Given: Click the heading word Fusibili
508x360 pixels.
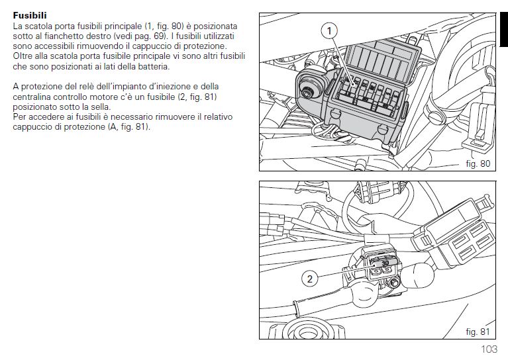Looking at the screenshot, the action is pyautogui.click(x=30, y=15).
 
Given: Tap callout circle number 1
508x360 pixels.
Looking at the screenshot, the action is pyautogui.click(x=329, y=31).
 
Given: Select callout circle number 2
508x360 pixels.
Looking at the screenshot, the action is pyautogui.click(x=310, y=279).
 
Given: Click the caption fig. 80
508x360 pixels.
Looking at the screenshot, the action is pyautogui.click(x=478, y=163).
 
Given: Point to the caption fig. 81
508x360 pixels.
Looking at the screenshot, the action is pyautogui.click(x=478, y=332).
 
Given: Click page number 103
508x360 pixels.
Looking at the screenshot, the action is pyautogui.click(x=489, y=349).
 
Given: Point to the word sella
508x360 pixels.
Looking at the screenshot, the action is pyautogui.click(x=99, y=107).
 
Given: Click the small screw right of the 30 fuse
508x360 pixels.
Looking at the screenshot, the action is pyautogui.click(x=394, y=284).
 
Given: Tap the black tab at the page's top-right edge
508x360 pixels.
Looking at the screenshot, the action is pyautogui.click(x=504, y=30).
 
